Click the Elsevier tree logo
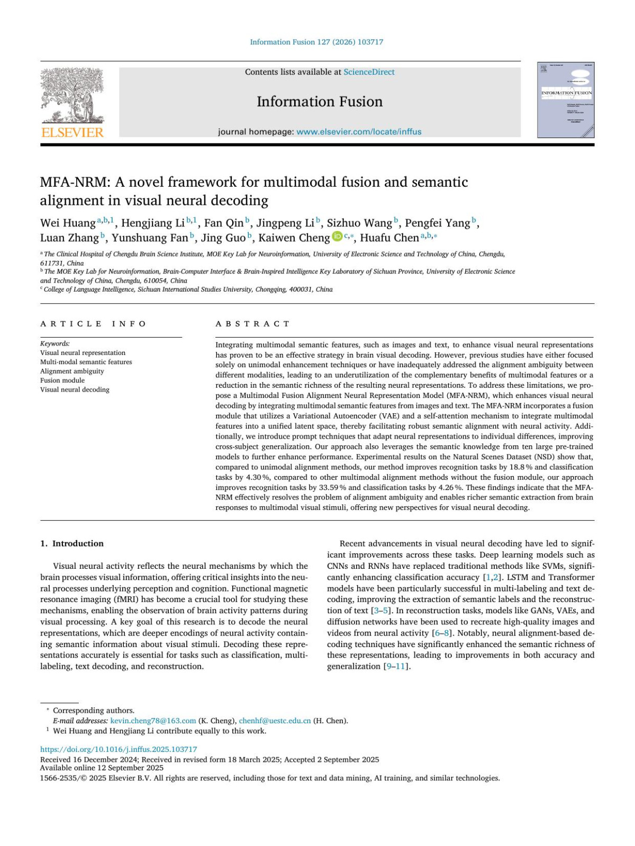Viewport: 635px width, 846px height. [72, 95]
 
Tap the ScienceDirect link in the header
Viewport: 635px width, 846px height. [369, 72]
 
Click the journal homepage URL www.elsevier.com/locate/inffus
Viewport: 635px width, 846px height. [359, 132]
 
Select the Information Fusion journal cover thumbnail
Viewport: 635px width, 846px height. [566, 100]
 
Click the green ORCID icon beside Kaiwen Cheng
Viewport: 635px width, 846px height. [337, 237]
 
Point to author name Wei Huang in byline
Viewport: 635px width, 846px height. [68, 223]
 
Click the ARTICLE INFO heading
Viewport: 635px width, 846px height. [93, 324]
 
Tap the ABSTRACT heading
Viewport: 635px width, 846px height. [252, 324]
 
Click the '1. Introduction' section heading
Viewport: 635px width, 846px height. [72, 543]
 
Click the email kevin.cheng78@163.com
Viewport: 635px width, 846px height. [153, 721]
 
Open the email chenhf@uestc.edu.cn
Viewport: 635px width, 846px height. [275, 721]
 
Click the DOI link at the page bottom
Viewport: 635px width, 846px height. [119, 749]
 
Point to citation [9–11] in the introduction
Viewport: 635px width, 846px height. [397, 666]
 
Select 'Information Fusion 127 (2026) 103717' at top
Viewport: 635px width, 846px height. [316, 42]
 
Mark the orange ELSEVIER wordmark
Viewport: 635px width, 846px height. [72, 132]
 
